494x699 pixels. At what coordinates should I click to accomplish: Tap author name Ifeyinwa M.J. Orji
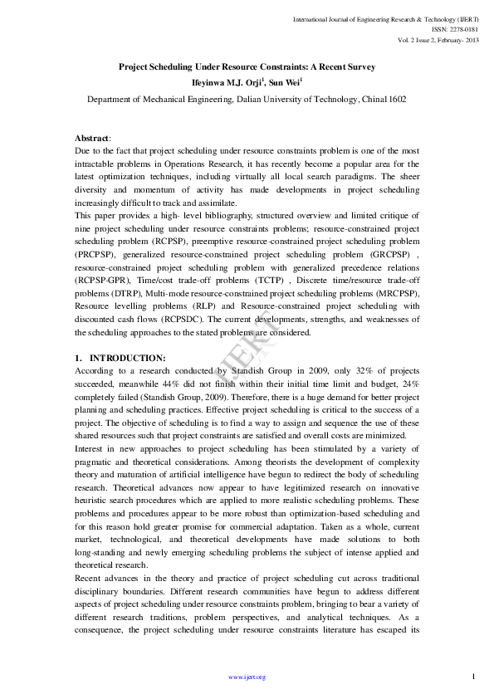pyautogui.click(x=227, y=81)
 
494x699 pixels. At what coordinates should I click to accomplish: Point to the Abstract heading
pyautogui.click(x=92, y=138)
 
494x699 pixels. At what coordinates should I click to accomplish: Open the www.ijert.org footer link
pyautogui.click(x=247, y=677)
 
